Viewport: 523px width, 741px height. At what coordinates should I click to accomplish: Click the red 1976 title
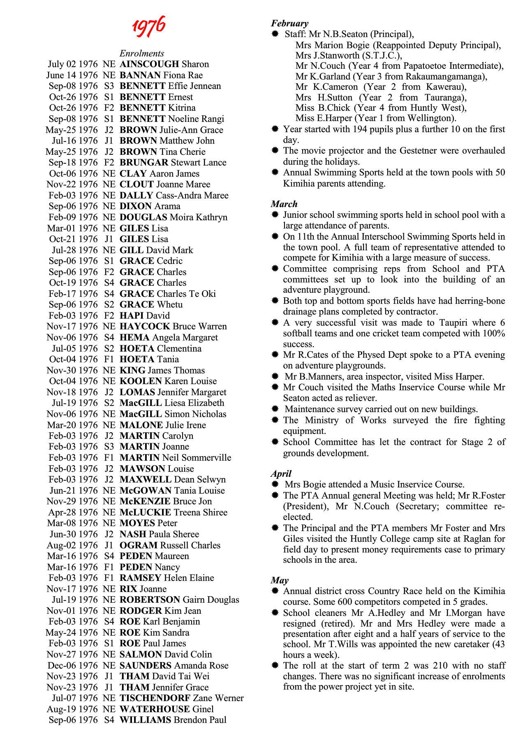[x=148, y=26]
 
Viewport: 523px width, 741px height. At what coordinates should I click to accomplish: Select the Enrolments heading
[x=141, y=54]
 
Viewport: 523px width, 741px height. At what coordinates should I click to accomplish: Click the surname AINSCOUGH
[x=149, y=64]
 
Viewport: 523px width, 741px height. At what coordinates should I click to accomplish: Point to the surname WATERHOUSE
[x=155, y=709]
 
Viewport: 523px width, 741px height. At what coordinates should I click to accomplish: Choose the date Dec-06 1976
[x=73, y=666]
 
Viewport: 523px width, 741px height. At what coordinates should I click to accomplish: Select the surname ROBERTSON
[x=150, y=600]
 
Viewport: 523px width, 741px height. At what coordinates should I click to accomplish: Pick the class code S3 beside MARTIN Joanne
[x=109, y=447]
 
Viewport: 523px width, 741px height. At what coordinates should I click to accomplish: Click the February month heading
[x=289, y=23]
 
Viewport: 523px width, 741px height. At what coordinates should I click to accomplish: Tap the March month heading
[x=284, y=204]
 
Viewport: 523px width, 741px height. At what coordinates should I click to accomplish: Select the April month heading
[x=281, y=474]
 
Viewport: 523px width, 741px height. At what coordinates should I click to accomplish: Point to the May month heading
[x=280, y=580]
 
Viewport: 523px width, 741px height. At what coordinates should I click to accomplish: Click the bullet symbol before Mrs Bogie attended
[x=275, y=485]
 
